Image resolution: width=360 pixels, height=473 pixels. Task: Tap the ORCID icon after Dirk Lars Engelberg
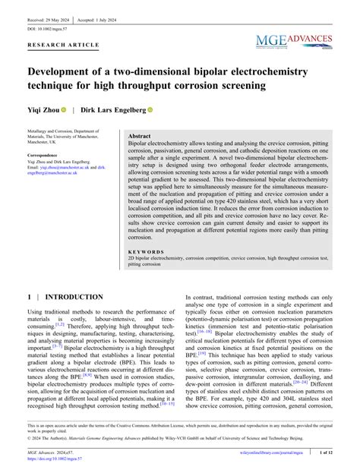pyautogui.click(x=150, y=110)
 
